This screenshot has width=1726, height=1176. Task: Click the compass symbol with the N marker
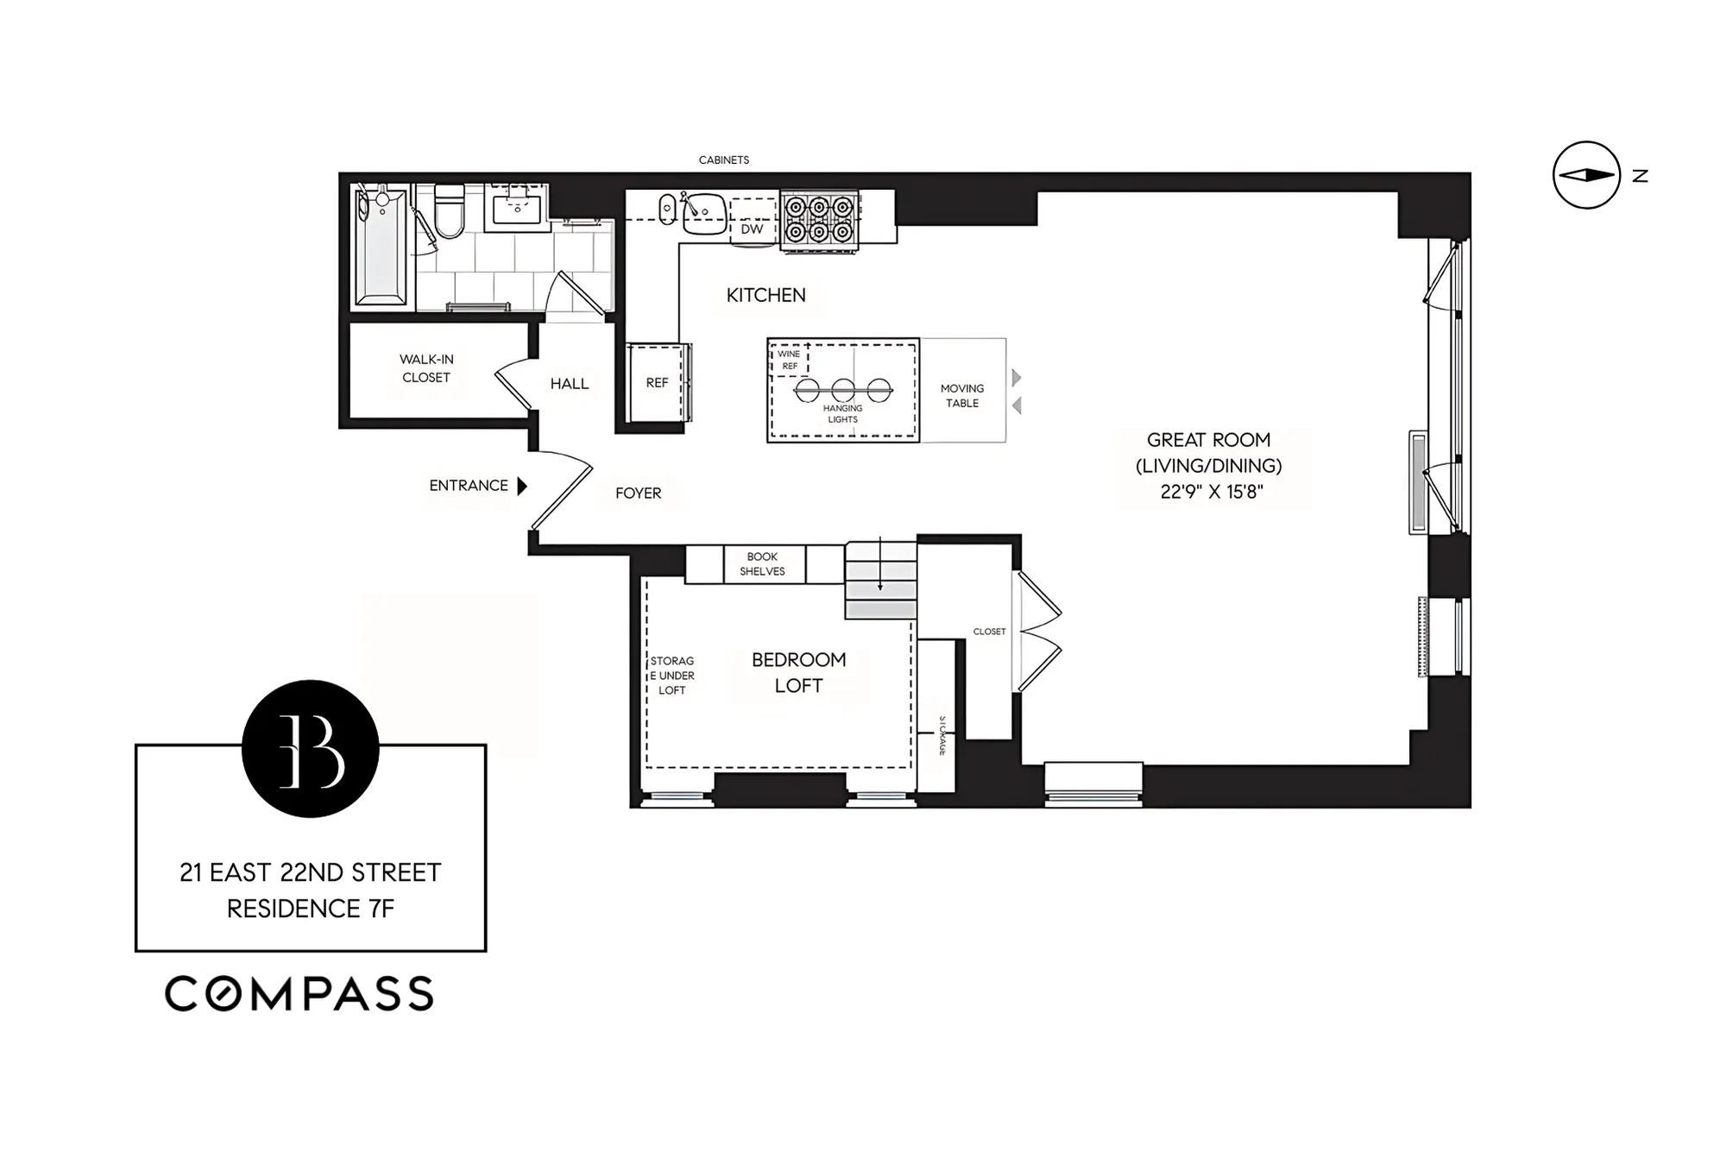1586,175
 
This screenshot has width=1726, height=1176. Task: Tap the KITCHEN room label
765,295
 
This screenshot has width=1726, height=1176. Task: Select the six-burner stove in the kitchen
819,221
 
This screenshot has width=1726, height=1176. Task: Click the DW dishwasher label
752,230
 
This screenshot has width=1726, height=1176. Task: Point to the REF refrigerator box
657,382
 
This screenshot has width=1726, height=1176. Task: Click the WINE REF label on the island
789,360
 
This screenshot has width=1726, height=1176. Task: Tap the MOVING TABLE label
961,396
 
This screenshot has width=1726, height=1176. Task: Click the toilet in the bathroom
450,212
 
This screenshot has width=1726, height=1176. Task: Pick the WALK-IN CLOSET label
425,368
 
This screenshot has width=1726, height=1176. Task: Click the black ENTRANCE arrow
522,486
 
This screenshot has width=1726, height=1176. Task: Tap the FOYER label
638,494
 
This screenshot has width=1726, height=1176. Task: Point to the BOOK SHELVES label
762,564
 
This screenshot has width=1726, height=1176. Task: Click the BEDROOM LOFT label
798,673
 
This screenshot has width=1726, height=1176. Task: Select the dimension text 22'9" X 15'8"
1211,492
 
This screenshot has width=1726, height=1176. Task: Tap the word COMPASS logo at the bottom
299,994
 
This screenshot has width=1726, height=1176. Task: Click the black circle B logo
311,748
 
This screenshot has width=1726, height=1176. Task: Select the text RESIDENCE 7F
311,909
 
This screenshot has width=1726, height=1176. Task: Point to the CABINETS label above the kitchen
723,160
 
